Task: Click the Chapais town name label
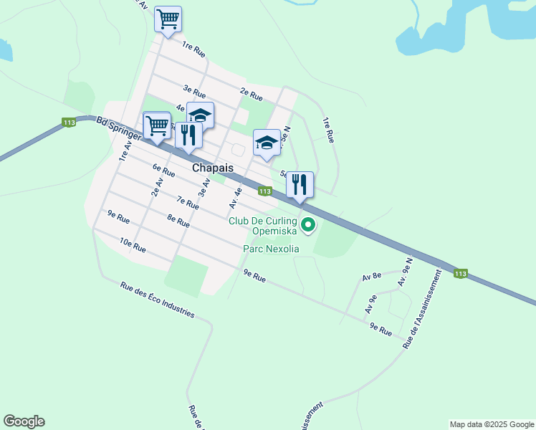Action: click(213, 167)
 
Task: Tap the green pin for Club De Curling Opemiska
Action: click(309, 225)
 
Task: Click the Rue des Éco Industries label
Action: click(157, 300)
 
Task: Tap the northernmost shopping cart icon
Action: click(168, 19)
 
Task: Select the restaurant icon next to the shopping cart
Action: click(188, 135)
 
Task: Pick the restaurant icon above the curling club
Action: click(300, 184)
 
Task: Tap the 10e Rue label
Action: click(133, 248)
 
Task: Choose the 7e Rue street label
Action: click(187, 204)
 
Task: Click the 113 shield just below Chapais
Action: click(264, 191)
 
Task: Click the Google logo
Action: click(24, 421)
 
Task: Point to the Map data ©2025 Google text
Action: click(491, 424)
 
